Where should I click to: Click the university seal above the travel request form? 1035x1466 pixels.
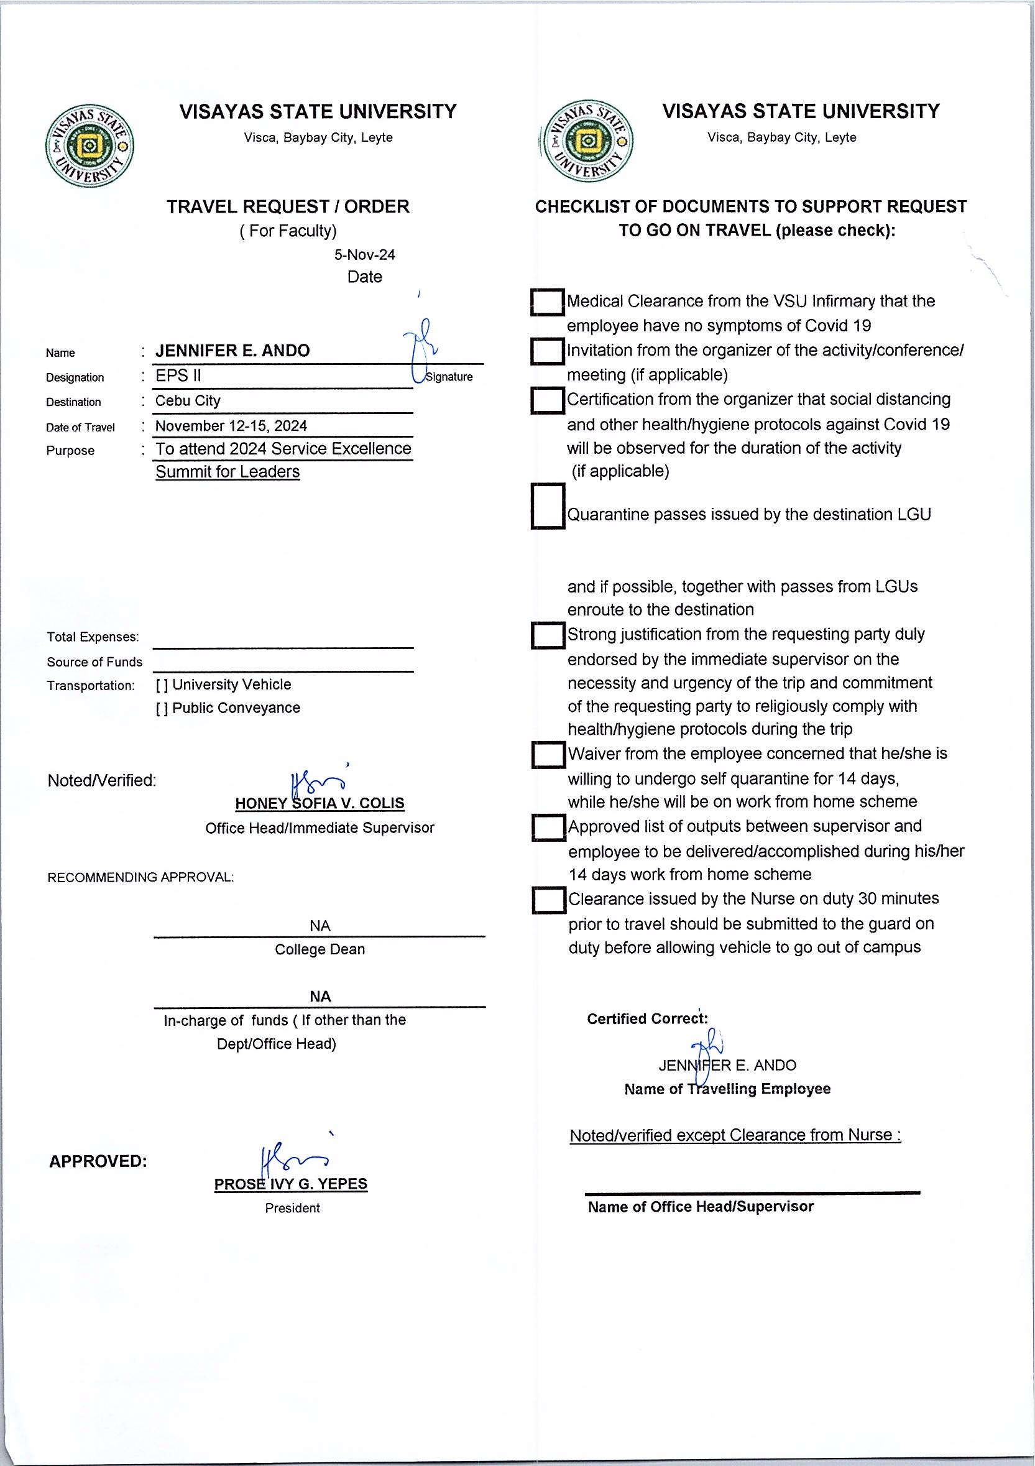pos(90,147)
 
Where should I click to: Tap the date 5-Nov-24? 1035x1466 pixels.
pos(364,255)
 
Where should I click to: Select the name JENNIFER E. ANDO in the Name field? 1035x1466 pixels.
pos(232,351)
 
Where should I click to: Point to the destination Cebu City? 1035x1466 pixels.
pos(188,401)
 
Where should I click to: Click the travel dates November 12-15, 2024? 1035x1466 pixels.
pos(231,426)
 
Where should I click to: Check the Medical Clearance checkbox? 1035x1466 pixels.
pos(547,302)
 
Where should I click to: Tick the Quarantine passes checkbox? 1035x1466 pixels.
pos(547,505)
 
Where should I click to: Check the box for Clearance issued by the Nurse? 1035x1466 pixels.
pos(548,900)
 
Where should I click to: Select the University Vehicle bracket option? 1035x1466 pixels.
pos(162,685)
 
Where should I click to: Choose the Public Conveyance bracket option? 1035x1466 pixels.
pos(162,708)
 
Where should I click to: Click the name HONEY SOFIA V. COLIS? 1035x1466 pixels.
pos(320,803)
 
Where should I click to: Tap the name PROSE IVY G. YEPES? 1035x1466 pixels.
pos(290,1184)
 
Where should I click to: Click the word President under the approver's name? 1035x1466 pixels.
pos(292,1208)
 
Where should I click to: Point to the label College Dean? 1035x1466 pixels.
pos(320,949)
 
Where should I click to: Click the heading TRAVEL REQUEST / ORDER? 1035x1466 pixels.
pos(288,207)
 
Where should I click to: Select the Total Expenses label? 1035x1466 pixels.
pos(93,637)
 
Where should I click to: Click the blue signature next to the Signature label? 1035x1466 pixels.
pos(421,348)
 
